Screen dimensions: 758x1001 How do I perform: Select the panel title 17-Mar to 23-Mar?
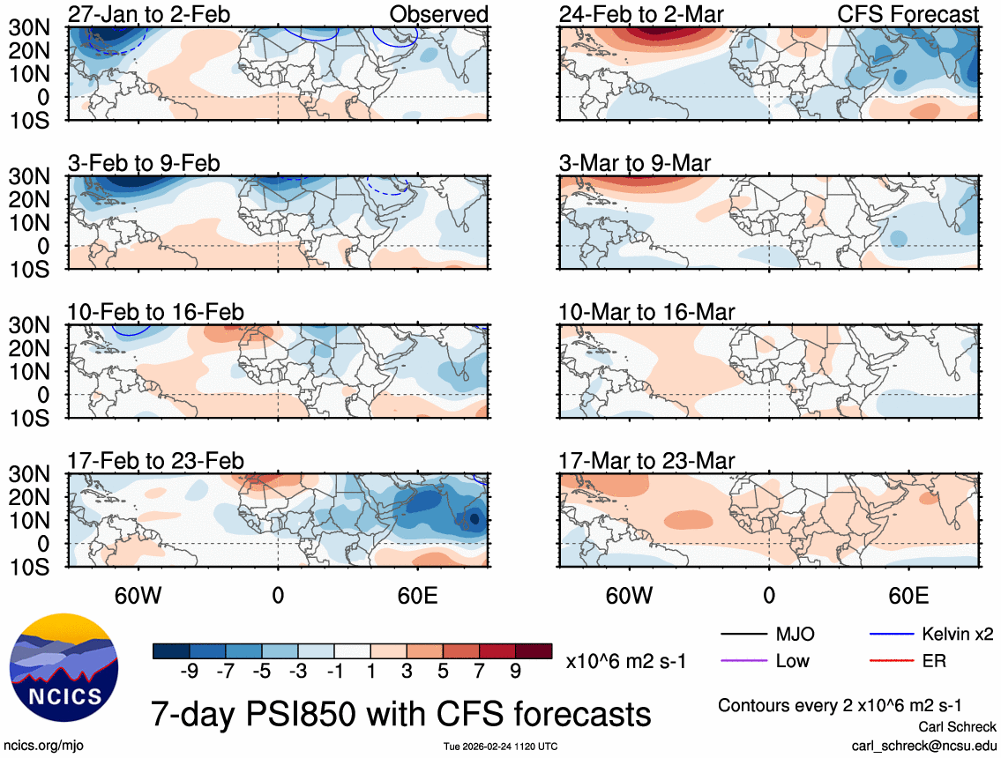646,461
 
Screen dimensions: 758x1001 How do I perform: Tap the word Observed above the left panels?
438,14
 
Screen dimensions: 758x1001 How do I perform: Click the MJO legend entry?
795,634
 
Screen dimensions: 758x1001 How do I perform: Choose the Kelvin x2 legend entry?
959,634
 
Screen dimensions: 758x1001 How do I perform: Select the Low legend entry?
792,660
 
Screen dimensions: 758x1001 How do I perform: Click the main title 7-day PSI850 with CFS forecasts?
400,711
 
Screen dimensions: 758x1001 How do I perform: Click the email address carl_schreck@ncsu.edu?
924,746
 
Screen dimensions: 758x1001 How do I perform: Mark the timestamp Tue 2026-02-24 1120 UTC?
500,747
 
